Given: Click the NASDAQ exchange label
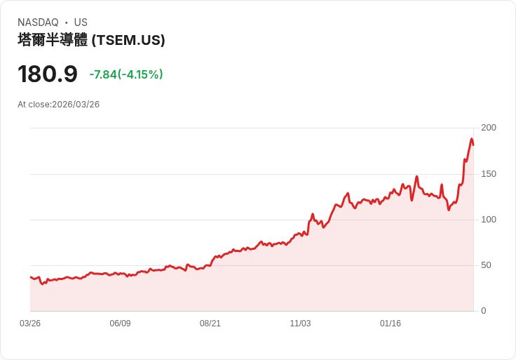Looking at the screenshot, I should (38, 22).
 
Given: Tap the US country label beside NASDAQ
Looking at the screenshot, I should (81, 22).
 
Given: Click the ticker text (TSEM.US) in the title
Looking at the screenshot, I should (128, 40).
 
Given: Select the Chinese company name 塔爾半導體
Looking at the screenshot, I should (53, 40).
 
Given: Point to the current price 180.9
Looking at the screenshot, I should (48, 74).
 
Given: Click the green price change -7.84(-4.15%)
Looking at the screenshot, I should (126, 74).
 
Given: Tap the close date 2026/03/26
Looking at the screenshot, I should (76, 105).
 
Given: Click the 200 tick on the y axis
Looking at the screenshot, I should (489, 128).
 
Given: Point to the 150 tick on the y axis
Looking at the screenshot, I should (489, 173).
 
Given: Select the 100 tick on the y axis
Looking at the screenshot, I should (489, 220).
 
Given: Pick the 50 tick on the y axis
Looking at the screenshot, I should (487, 265).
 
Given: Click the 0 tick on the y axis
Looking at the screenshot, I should (484, 311).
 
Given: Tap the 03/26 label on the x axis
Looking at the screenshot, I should (30, 324).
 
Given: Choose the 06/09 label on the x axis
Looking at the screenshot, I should (120, 324).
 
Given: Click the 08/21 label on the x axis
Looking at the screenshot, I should (210, 324).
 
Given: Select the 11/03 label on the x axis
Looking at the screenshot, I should (300, 324).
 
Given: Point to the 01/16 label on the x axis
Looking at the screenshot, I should (391, 324).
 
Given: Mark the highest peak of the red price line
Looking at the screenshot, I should (472, 139).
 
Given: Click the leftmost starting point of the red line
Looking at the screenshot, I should (30, 276).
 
